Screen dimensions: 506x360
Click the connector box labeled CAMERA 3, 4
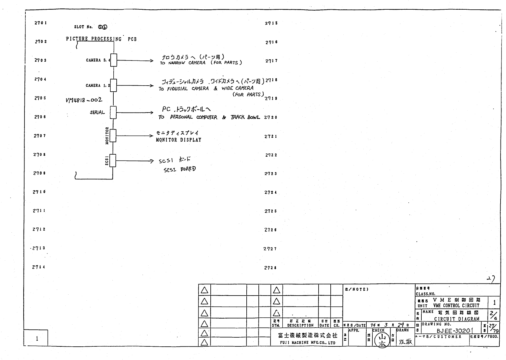point(113,60)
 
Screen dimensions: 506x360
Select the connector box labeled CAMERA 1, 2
point(113,85)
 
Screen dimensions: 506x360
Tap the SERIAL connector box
point(113,113)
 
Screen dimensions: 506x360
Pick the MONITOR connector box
point(113,136)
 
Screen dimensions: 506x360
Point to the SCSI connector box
point(113,160)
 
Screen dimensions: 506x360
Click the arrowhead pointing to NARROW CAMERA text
point(151,61)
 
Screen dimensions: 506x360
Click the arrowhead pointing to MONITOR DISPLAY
point(151,136)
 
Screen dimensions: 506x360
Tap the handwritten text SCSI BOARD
point(180,169)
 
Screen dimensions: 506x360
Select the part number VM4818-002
point(84,100)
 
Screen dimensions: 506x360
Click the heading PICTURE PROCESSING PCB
point(101,39)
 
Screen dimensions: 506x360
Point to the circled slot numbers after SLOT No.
point(102,27)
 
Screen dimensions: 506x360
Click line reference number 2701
point(41,23)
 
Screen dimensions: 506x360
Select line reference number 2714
point(39,267)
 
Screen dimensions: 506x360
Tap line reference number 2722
point(271,155)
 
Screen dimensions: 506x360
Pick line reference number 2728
point(271,268)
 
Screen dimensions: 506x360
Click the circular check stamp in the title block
point(382,340)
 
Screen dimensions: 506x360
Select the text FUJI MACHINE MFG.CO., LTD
point(307,343)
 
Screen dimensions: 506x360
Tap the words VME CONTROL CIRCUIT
point(456,306)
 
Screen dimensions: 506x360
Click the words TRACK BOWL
point(245,117)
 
